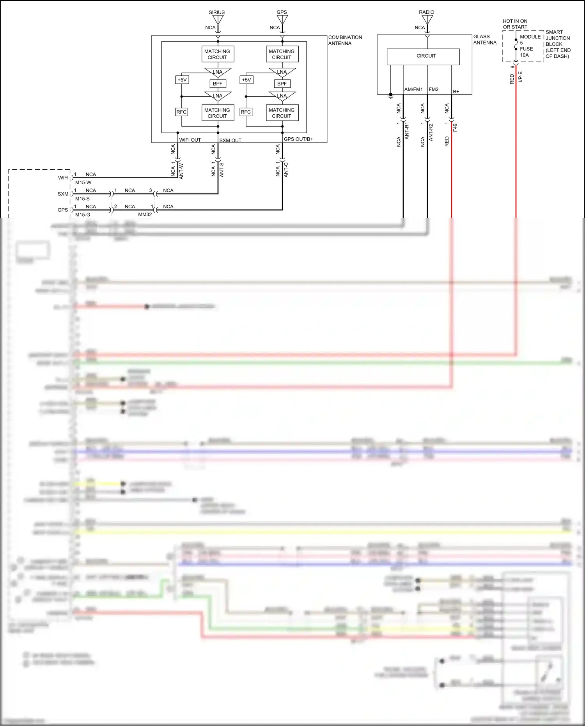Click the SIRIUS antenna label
pos(216,12)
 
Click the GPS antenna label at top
pos(282,12)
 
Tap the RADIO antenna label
pos(426,12)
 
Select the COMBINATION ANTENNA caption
pos(345,40)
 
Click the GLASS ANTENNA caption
pos(485,39)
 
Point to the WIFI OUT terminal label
pos(190,140)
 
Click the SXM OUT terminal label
pos(230,140)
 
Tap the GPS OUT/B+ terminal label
pos(298,139)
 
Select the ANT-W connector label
pos(181,171)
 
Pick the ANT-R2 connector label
pos(431,132)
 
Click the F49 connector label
pos(455,128)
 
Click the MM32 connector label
pos(145,215)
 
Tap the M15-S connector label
pos(82,199)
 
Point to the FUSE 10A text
pos(526,52)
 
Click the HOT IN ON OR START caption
pos(515,24)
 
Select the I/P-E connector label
pos(521,76)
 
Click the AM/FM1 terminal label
pos(413,89)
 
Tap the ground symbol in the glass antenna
pos(390,95)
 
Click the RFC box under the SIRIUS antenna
pos(181,112)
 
